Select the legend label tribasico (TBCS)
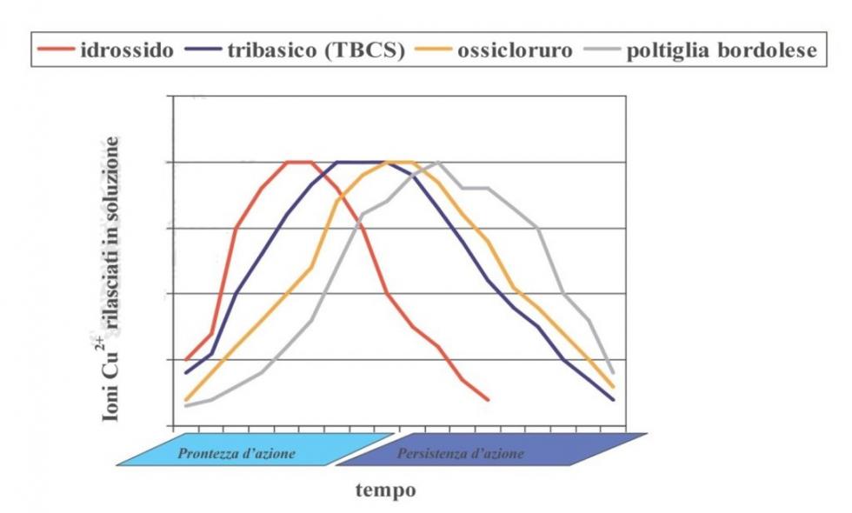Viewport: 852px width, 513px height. tap(316, 49)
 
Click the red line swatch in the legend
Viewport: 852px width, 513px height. tap(56, 50)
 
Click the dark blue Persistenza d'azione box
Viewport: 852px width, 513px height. tap(487, 453)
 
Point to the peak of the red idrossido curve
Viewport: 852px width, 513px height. tap(298, 162)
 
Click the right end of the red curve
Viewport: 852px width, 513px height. tap(489, 399)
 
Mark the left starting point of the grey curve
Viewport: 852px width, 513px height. tap(186, 405)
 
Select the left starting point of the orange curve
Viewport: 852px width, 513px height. tap(186, 399)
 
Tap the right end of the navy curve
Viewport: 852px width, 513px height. tap(614, 399)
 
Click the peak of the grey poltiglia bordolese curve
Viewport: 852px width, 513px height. tap(438, 162)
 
